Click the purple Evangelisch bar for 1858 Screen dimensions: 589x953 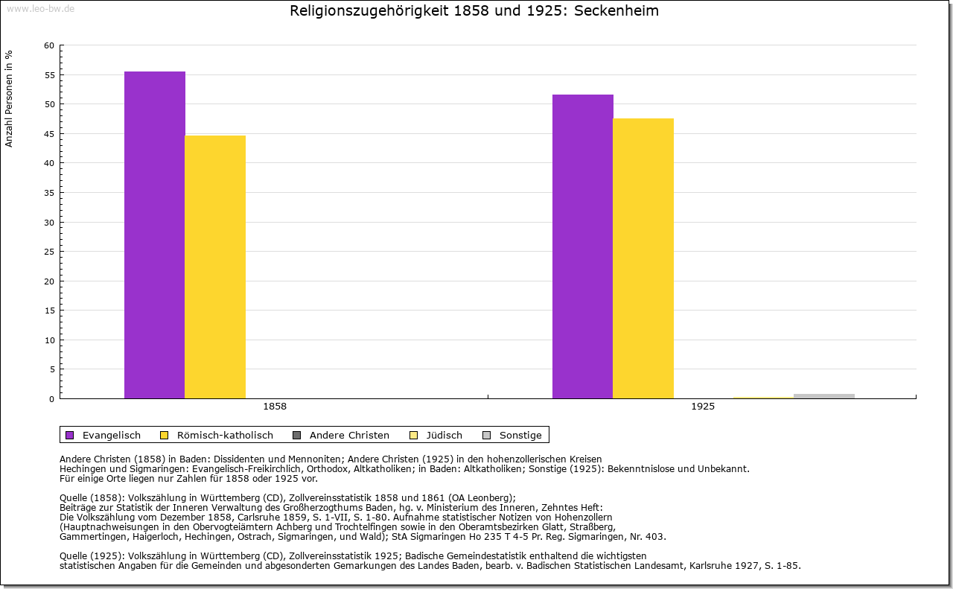coord(155,235)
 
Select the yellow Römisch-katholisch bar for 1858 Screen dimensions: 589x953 coord(215,267)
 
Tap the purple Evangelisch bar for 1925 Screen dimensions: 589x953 coord(583,246)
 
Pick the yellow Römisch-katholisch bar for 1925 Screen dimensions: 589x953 coord(643,258)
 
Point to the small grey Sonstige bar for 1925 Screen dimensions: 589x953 coord(823,396)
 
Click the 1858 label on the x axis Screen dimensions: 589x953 coord(275,407)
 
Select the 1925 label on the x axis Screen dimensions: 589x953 coord(703,407)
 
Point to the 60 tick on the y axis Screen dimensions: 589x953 coord(49,45)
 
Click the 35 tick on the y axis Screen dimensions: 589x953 coord(49,193)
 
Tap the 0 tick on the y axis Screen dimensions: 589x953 coord(51,399)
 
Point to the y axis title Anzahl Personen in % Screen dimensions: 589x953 coord(9,98)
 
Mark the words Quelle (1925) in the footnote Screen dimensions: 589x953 coord(93,555)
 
